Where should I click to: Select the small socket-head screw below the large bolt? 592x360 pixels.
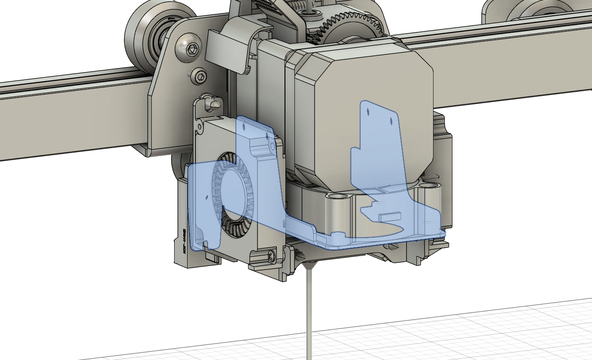pyautogui.click(x=199, y=76)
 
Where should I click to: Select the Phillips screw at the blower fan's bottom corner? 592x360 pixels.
pyautogui.click(x=271, y=255)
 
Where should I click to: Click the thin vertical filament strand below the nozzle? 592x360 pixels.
pyautogui.click(x=308, y=315)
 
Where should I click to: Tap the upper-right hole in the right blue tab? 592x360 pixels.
pyautogui.click(x=390, y=120)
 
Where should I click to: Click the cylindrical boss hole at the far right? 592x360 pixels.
pyautogui.click(x=430, y=185)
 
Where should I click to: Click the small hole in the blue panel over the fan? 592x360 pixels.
pyautogui.click(x=244, y=128)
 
